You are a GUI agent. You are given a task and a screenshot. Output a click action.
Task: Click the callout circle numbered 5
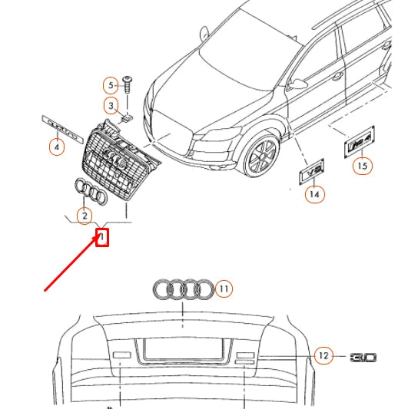(x=111, y=84)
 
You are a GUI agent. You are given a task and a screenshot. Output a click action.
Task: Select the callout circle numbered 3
(x=111, y=105)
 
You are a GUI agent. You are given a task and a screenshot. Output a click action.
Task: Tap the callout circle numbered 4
(x=56, y=145)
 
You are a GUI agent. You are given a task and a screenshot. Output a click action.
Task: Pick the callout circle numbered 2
(x=84, y=217)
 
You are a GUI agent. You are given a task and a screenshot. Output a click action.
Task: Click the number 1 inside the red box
(x=101, y=238)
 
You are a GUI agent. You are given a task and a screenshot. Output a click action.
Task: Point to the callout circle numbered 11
(x=224, y=289)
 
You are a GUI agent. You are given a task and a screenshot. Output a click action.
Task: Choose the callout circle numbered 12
(x=323, y=355)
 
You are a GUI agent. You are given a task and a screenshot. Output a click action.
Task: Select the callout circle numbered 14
(x=314, y=195)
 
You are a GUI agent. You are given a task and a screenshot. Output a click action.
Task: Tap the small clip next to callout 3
(x=127, y=117)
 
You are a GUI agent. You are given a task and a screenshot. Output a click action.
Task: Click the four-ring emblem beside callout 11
(x=183, y=290)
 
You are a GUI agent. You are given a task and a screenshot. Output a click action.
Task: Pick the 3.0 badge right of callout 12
(x=363, y=358)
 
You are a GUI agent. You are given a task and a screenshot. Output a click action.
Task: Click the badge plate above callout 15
(x=359, y=143)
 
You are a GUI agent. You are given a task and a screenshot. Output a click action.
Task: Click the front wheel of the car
(x=260, y=156)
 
